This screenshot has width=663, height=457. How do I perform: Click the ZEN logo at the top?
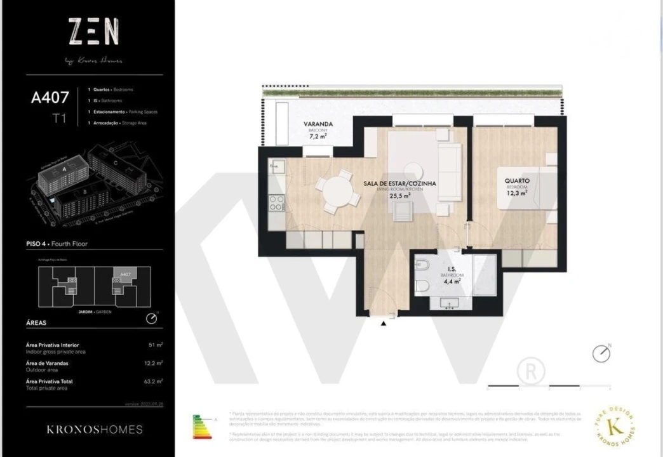pos(93,32)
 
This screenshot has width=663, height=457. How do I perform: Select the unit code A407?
pos(50,98)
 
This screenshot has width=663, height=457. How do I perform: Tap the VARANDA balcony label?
pos(318,124)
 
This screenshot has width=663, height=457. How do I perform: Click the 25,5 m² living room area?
pos(399,196)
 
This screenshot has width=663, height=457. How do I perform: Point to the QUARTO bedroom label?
pos(517,181)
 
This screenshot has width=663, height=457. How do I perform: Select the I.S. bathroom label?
pos(452,270)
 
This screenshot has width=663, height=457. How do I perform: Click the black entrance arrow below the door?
pos(384,324)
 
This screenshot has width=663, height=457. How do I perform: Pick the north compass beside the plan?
pos(601,354)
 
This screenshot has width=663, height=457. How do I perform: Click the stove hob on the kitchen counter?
pos(277,202)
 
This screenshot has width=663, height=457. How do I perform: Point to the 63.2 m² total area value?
pos(154,381)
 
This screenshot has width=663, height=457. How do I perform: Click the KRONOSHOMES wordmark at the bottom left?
pos(95,430)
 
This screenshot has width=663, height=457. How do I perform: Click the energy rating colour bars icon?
pos(203,427)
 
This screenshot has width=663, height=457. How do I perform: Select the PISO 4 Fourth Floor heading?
pos(57,244)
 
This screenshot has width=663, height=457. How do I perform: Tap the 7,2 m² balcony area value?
pos(318,136)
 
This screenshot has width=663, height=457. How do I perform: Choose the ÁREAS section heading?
pos(36,322)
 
